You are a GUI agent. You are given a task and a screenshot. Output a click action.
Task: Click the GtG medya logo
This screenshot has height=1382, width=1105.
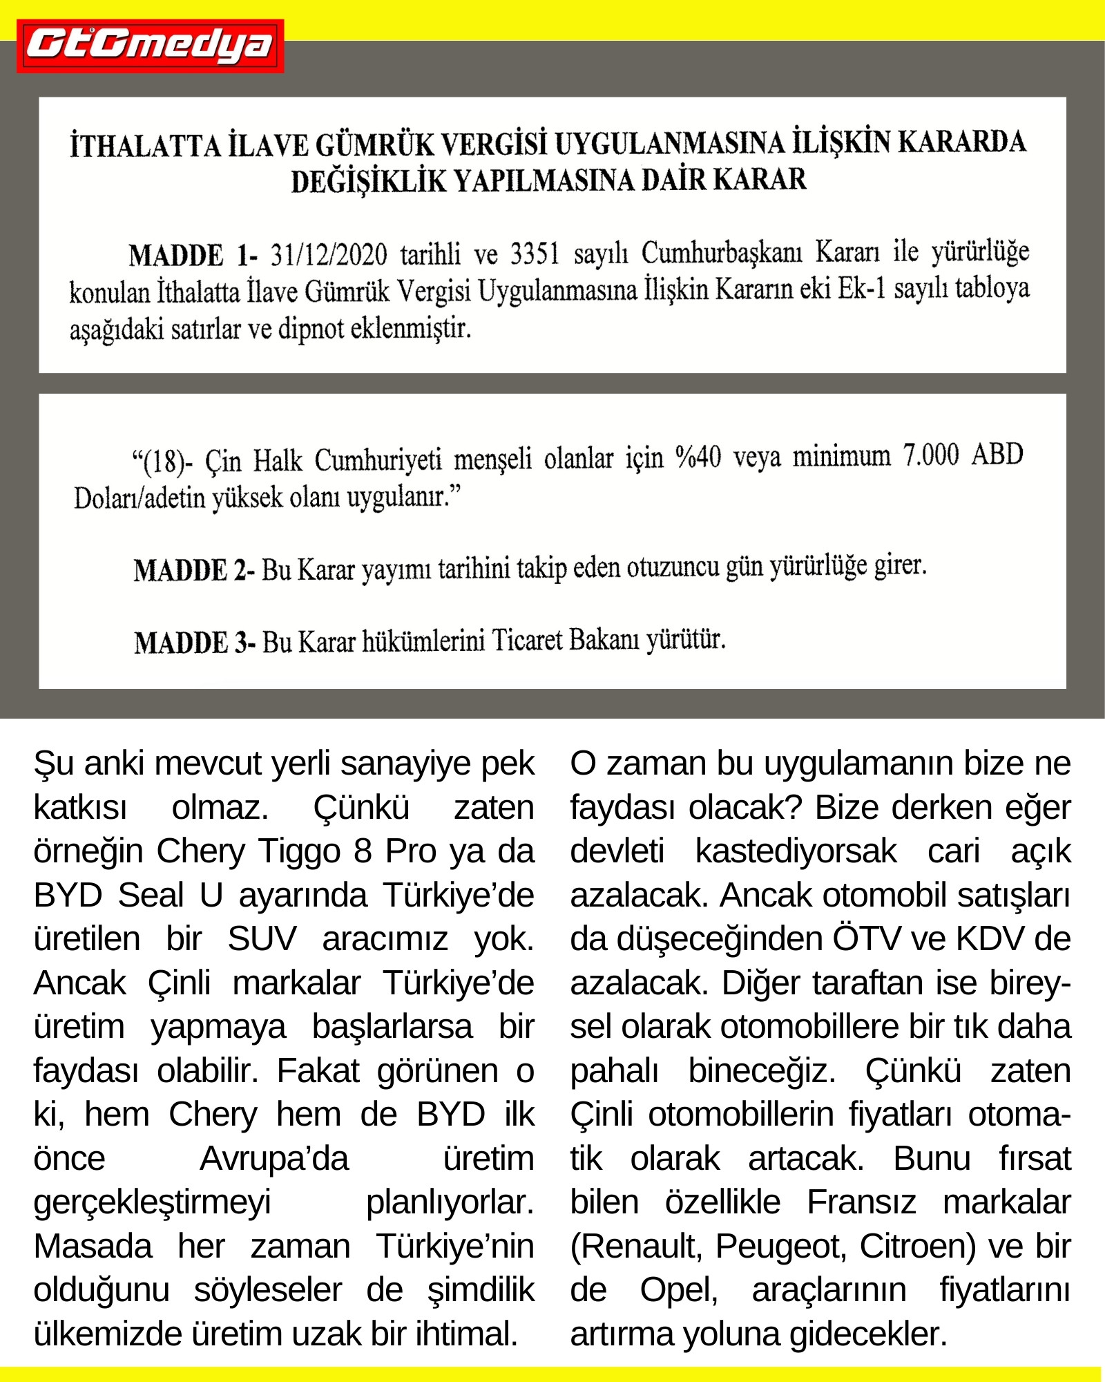point(150,46)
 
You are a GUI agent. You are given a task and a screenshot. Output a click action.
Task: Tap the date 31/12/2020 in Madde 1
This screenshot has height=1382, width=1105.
point(328,255)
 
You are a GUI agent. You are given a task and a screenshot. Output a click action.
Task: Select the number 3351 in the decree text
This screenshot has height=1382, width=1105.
point(534,254)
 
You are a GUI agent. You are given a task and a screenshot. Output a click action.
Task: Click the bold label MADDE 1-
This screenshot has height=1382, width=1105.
point(193,256)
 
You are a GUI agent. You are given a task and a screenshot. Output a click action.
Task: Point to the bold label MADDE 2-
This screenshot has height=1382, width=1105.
point(194,571)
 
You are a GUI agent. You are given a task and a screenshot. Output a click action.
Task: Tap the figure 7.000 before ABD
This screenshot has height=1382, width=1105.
point(931,455)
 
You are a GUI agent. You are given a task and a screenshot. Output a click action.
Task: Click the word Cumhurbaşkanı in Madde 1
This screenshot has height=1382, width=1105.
point(722,253)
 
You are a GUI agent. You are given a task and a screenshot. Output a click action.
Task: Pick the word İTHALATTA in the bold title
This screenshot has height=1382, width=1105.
point(145,146)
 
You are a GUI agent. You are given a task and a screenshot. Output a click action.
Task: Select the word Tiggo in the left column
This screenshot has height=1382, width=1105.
point(300,851)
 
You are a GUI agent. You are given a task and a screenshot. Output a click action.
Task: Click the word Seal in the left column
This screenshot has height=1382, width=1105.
point(151,896)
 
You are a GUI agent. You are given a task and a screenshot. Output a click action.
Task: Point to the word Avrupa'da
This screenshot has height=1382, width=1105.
point(274,1159)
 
